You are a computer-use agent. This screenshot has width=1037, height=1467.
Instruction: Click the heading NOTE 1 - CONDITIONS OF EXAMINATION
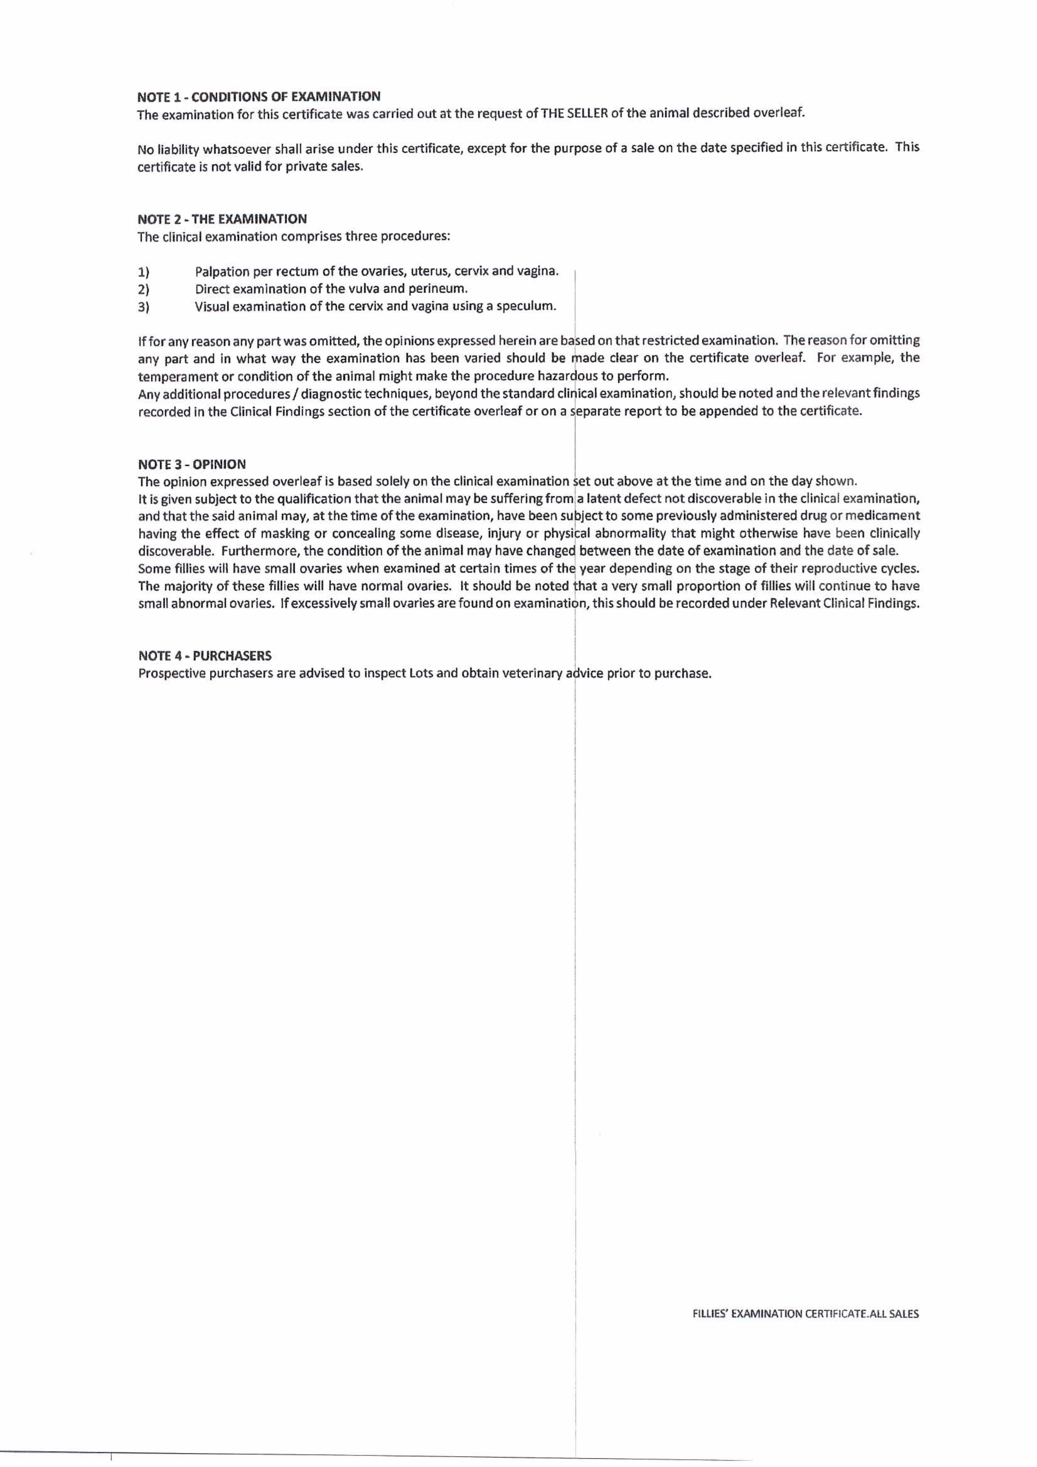259,97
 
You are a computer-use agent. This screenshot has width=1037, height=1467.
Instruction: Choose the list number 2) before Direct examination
144,289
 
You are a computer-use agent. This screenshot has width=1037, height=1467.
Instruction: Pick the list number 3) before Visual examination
144,307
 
